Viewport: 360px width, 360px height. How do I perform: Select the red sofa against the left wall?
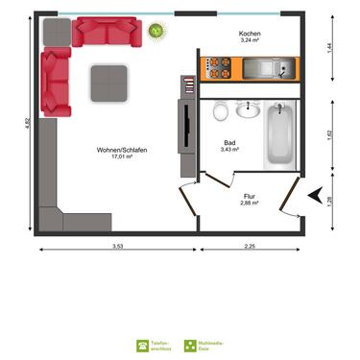point(55,82)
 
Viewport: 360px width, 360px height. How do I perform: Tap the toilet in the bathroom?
point(220,110)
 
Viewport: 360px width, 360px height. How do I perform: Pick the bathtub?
point(280,134)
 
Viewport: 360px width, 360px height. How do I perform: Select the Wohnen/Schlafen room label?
point(120,150)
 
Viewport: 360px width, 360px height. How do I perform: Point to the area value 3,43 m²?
point(230,150)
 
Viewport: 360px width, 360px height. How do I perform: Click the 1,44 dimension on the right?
point(331,46)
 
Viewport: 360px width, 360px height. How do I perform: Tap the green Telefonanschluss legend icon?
point(142,344)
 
